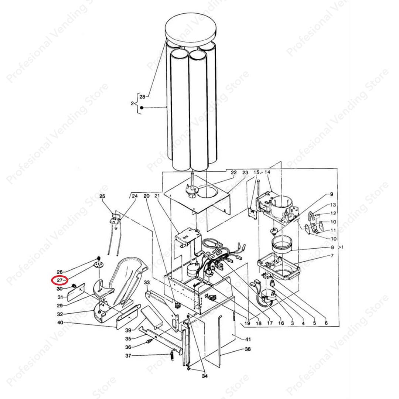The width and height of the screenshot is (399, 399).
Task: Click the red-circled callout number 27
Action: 59,280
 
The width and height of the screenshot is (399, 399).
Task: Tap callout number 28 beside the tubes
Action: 142,97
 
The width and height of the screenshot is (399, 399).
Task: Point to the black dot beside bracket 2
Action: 142,108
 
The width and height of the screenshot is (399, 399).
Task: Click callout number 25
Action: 102,196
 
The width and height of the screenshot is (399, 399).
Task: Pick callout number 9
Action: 331,194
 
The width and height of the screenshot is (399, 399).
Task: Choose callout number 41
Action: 248,339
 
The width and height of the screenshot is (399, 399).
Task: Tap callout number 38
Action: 248,349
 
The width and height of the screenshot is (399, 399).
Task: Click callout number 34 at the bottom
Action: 205,376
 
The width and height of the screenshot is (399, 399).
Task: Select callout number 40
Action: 60,323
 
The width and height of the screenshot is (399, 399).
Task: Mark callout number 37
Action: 128,355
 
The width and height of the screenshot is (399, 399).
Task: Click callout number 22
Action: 233,173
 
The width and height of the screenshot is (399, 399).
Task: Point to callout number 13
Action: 333,205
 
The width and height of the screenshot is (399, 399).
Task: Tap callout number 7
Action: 332,256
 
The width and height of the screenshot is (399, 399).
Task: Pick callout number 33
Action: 147,283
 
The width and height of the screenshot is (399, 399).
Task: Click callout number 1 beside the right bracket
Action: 342,247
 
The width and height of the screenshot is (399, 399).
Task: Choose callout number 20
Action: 146,196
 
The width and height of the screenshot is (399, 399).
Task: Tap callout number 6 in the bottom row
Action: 326,323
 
